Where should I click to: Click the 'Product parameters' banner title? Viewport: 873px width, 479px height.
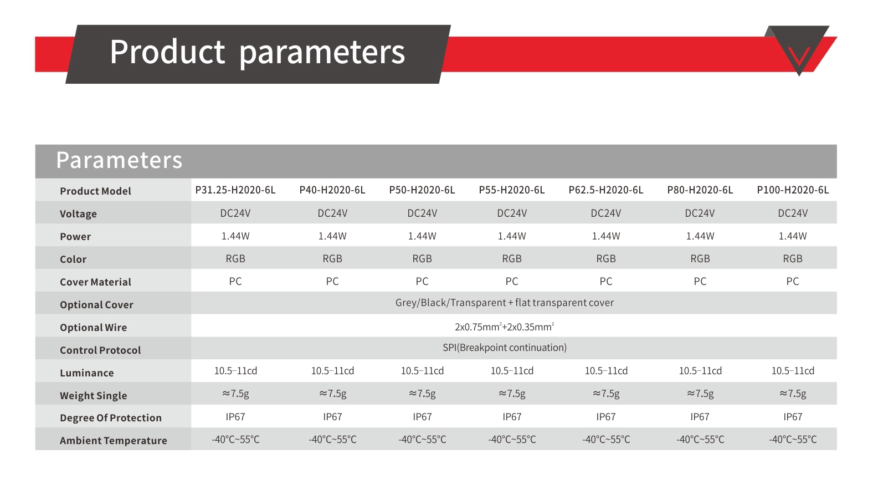click(x=257, y=53)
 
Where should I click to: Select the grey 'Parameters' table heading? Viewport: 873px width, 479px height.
click(x=119, y=160)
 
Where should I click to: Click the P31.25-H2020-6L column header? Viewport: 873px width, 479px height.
click(x=235, y=190)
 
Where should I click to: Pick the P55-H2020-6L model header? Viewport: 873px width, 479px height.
click(x=512, y=190)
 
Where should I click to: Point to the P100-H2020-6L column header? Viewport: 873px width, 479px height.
click(x=793, y=190)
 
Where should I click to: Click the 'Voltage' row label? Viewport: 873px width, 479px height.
click(x=78, y=214)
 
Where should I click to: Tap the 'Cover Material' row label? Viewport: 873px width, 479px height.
click(x=95, y=282)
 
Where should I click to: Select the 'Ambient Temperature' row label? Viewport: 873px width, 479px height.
click(x=114, y=440)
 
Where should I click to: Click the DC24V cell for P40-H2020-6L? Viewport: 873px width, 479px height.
click(x=332, y=213)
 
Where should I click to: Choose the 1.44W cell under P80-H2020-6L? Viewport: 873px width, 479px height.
click(x=700, y=236)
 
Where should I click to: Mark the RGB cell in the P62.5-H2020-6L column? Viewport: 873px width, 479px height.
click(x=606, y=258)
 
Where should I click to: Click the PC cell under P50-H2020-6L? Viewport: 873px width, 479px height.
click(x=422, y=281)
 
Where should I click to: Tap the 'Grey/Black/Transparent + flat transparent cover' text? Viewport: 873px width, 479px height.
click(x=505, y=303)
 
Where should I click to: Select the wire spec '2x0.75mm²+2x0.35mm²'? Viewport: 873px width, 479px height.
click(x=505, y=327)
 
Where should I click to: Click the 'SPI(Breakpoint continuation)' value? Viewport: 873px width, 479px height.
click(x=505, y=348)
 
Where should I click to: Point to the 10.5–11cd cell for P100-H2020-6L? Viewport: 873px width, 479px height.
click(x=793, y=370)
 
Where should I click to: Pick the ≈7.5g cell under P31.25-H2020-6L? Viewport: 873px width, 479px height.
click(x=235, y=394)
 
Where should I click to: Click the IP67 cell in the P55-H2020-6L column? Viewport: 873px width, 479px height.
click(x=512, y=416)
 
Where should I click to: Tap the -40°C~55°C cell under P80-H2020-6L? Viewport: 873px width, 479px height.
click(x=700, y=440)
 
